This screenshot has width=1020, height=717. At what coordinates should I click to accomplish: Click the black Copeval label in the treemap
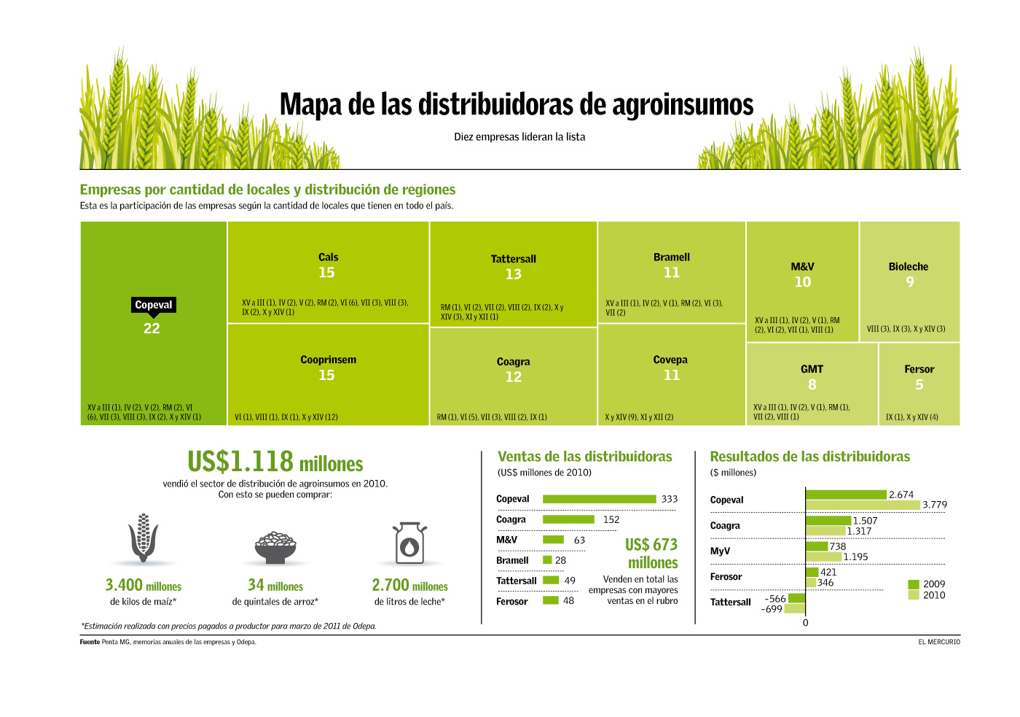[154, 305]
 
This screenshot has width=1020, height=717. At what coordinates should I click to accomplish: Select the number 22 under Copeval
[152, 328]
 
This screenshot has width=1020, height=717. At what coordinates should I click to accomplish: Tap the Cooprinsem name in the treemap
[328, 360]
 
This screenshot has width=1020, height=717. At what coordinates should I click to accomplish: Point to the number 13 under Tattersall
[514, 274]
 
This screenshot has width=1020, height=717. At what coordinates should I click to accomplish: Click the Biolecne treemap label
[909, 267]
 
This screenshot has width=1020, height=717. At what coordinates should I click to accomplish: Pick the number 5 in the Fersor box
[919, 384]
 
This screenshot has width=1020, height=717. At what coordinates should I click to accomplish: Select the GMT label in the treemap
[812, 369]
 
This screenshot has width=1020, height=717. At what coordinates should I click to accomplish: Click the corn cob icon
[144, 538]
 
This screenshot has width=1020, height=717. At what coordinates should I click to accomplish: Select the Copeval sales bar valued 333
[599, 499]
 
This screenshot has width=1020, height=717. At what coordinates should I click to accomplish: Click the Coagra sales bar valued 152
[568, 519]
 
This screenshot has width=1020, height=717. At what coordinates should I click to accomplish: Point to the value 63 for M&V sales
[580, 540]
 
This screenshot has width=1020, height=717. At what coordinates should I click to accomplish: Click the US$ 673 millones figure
[651, 554]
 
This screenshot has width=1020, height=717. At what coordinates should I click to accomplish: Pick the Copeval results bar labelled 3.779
[863, 505]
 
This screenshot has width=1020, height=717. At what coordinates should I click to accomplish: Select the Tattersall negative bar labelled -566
[797, 598]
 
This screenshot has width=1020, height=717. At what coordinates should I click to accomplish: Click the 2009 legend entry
[927, 584]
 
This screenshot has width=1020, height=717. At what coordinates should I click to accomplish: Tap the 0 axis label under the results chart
[805, 623]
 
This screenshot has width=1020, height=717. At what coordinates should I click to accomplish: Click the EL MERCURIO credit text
[939, 642]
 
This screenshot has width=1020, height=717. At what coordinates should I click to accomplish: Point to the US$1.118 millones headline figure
[275, 462]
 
